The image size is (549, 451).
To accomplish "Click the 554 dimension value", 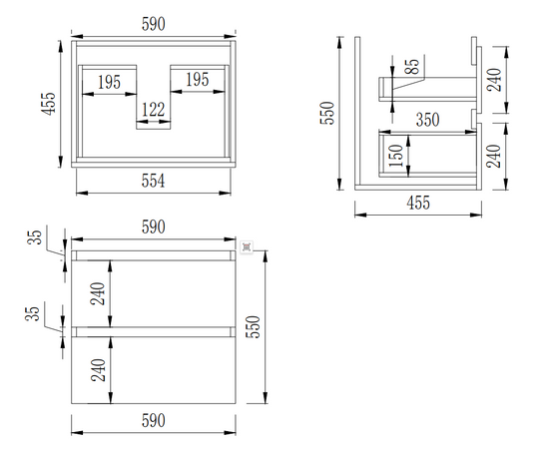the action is (153, 181).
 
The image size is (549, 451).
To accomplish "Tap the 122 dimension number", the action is (153, 110).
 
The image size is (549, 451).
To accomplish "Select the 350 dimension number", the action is (427, 120).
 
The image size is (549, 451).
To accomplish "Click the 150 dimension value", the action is (396, 156).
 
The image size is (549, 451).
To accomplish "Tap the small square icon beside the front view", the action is (247, 247).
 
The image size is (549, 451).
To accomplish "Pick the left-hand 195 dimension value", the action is (109, 82).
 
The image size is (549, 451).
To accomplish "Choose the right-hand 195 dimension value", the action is (197, 80).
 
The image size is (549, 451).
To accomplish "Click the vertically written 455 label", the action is (48, 104).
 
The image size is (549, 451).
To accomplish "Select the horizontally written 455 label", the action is (418, 203).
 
